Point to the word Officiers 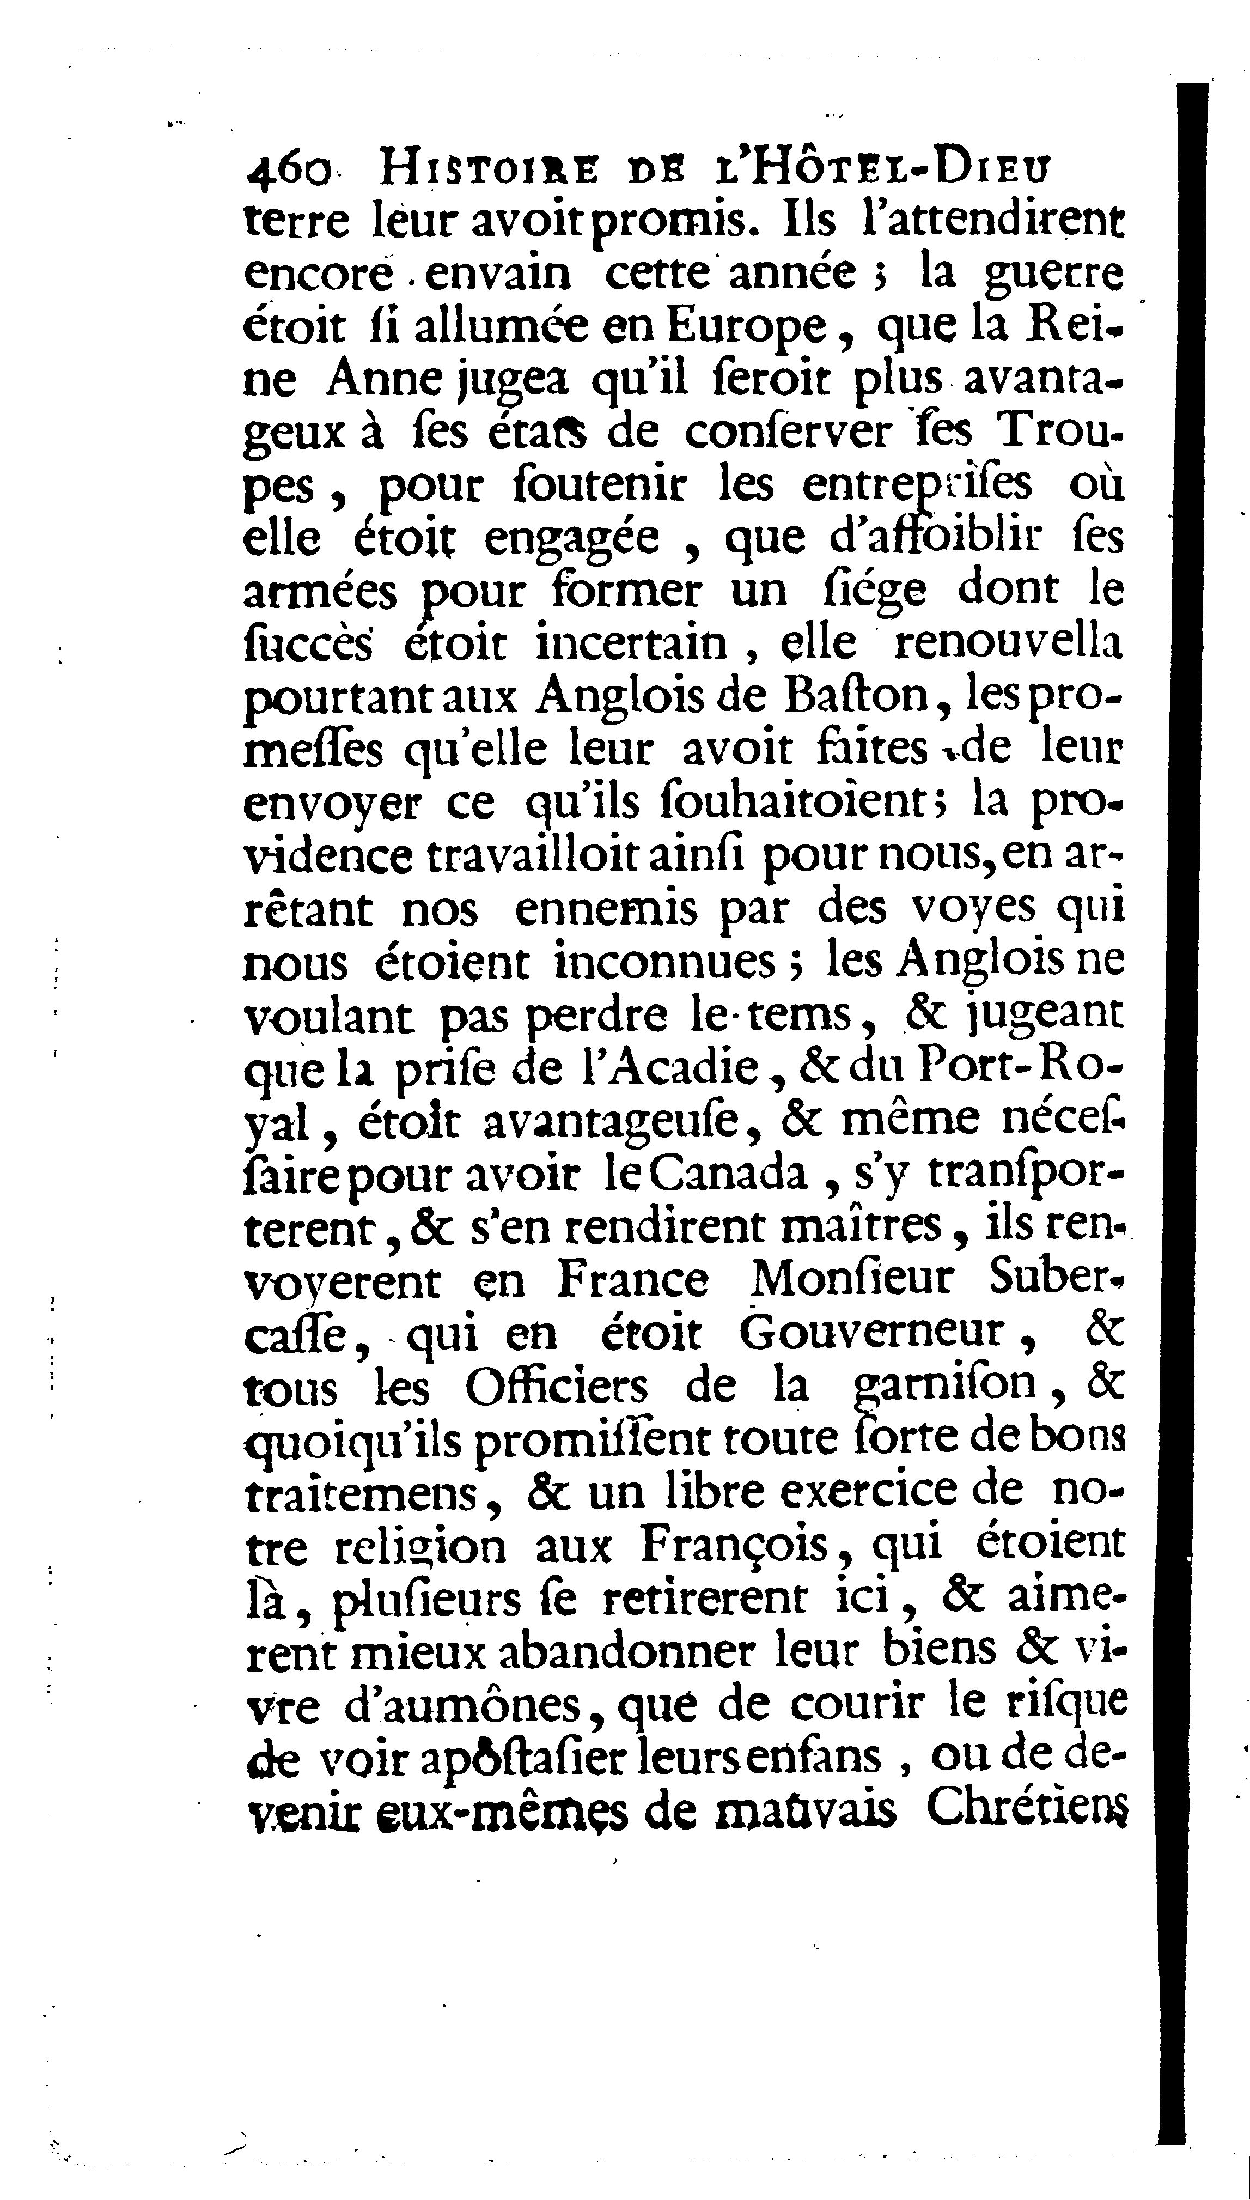[557, 1387]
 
